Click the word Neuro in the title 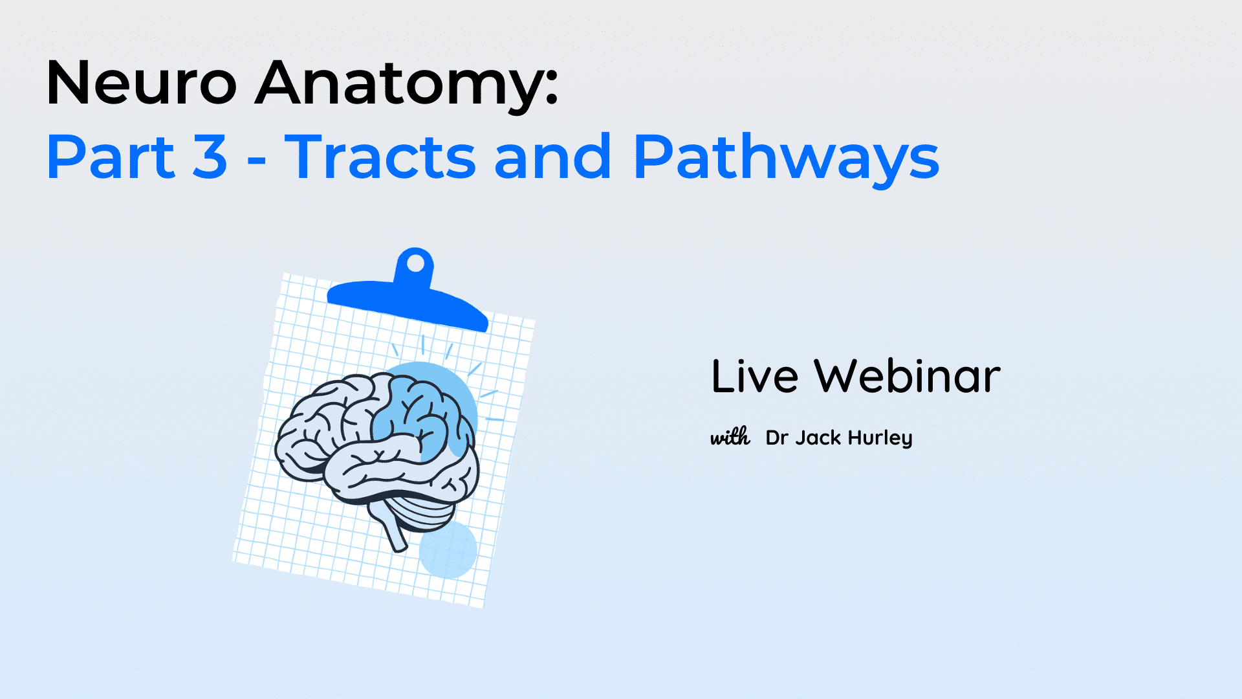pos(142,83)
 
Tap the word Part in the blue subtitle pos(111,157)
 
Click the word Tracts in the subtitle pos(380,157)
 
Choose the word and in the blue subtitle pos(553,157)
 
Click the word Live pos(754,376)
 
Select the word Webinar pos(907,376)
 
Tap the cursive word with pos(730,438)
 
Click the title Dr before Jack pos(777,438)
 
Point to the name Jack pos(818,438)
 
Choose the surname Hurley pos(880,438)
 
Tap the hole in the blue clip pos(415,263)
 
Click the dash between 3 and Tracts pos(257,160)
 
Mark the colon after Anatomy pos(551,89)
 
